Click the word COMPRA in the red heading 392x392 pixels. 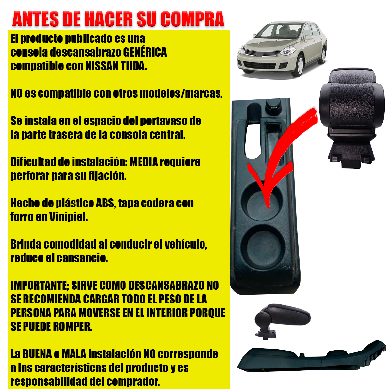(192, 19)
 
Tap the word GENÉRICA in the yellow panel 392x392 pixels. (145, 52)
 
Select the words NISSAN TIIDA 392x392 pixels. (116, 66)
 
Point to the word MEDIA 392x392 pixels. (144, 162)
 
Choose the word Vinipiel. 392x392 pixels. (69, 217)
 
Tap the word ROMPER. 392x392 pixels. (73, 326)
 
